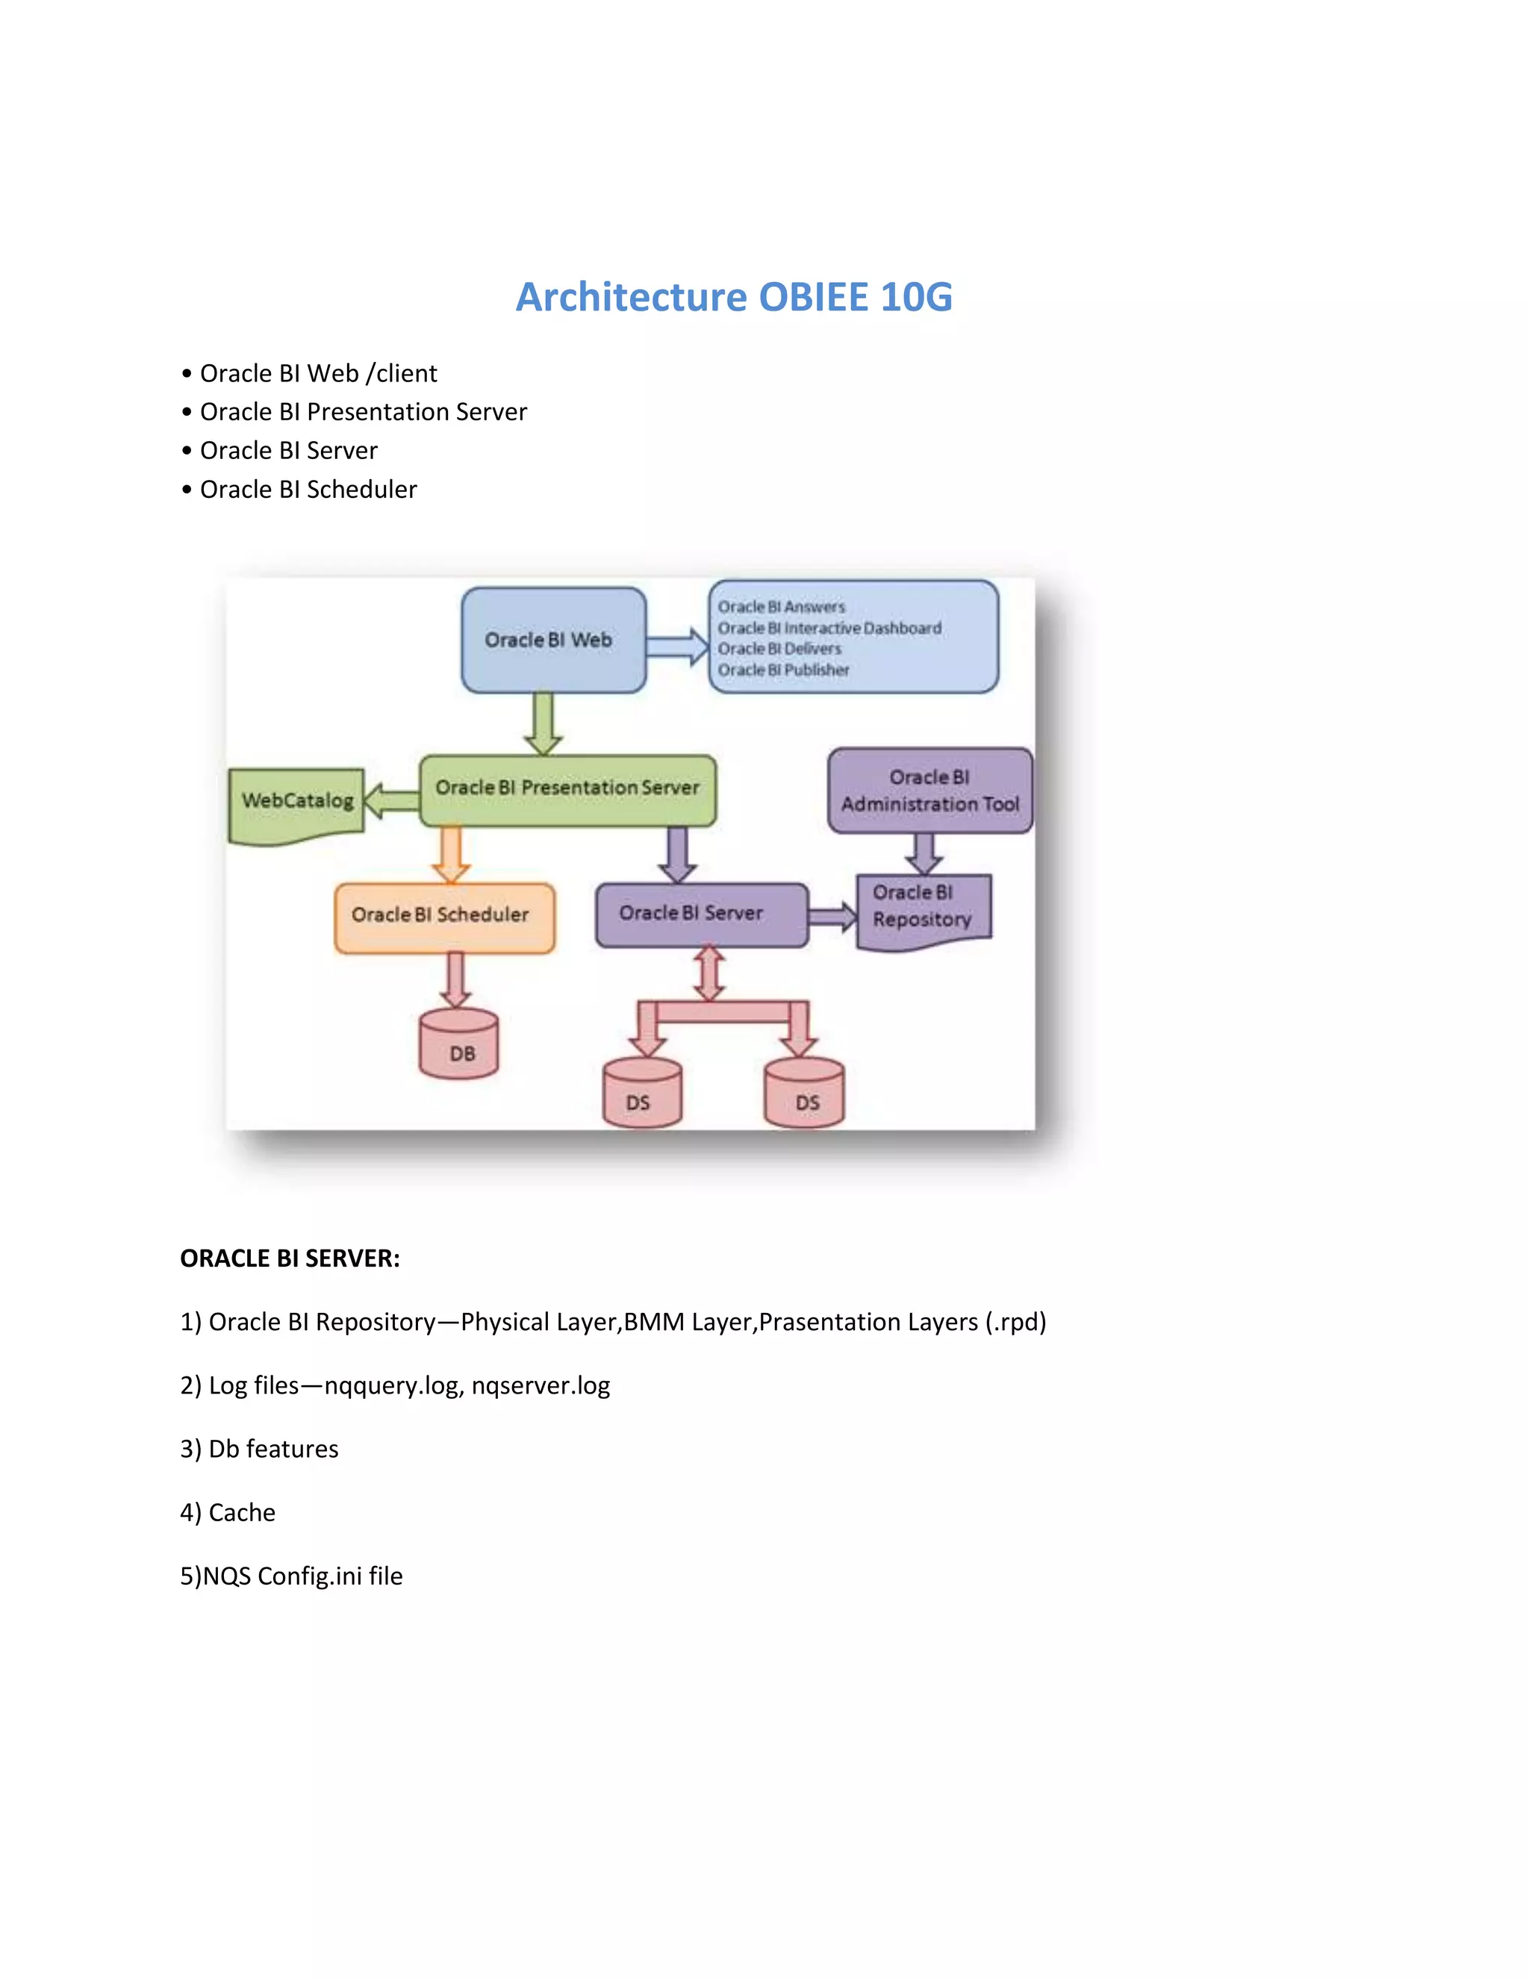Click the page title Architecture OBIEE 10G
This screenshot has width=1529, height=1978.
point(734,297)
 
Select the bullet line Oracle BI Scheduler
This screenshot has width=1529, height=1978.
point(308,490)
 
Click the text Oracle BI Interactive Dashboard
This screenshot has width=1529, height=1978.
point(829,628)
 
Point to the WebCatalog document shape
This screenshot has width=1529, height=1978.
point(296,802)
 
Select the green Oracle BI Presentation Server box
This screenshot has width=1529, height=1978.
point(567,789)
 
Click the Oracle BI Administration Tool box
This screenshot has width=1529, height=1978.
point(929,790)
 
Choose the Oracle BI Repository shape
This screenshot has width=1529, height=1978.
point(923,908)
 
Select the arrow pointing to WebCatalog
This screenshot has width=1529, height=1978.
point(390,801)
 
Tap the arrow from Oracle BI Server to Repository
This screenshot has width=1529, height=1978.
point(832,917)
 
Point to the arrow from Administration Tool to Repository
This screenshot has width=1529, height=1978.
point(924,852)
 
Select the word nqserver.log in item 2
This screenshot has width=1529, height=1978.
point(541,1385)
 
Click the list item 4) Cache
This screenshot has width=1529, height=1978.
point(228,1512)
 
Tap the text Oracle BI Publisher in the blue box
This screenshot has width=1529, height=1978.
point(783,670)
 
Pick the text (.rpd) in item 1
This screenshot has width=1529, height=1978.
point(1015,1323)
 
